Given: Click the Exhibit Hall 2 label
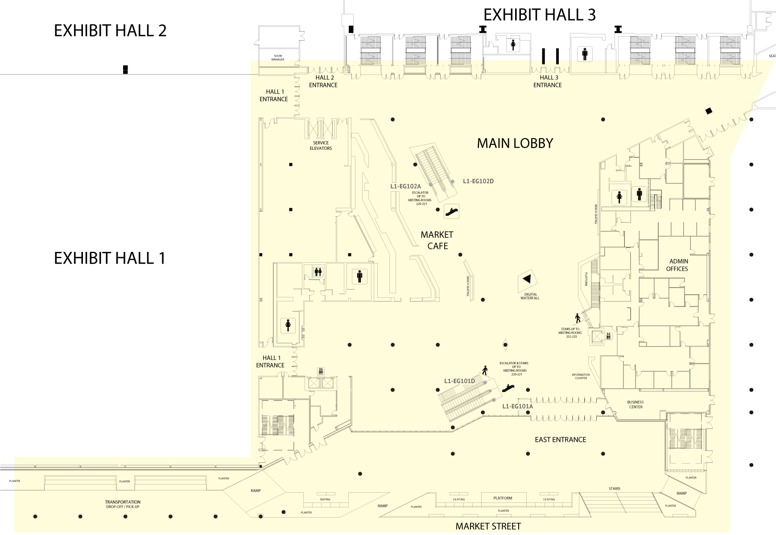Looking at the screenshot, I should point(110,31).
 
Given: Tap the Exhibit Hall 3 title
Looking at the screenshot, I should point(539,15).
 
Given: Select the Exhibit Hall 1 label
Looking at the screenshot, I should point(110,258).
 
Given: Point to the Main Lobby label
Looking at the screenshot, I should point(515,143).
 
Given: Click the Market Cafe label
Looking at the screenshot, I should point(437,240).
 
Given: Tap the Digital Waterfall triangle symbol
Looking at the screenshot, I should point(527,279).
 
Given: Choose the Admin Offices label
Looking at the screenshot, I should point(677,265).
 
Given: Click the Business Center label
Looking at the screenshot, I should point(636,404).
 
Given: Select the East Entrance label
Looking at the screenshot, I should point(560,440).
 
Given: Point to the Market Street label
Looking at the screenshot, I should point(488,527).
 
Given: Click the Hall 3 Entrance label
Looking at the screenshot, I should point(548,81).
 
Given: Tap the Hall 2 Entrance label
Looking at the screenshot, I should point(323,81).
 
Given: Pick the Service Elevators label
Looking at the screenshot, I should point(321,146).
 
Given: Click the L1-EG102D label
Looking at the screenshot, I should point(478,181).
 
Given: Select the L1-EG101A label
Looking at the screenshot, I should point(517,407).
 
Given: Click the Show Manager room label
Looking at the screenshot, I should point(278,58).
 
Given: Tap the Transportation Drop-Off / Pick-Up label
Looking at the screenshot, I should point(123,504).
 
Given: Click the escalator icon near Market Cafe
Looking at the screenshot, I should point(452,211).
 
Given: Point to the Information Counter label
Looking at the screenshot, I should point(581,376).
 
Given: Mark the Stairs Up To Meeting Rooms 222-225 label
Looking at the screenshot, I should point(570,333).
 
